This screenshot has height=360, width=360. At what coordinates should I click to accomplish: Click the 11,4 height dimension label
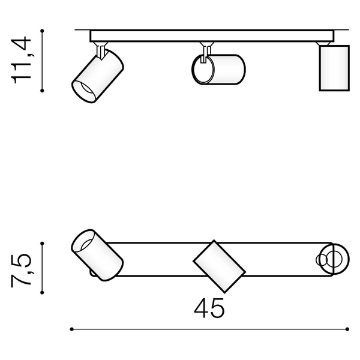click(x=22, y=60)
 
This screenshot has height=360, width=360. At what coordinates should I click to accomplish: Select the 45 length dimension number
click(x=209, y=308)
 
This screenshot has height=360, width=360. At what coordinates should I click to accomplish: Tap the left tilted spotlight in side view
click(x=98, y=76)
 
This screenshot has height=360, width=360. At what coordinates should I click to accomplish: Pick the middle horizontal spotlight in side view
click(x=219, y=70)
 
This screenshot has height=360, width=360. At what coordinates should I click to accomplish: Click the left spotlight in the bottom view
click(x=97, y=254)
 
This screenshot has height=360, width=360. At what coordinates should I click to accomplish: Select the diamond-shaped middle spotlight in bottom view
click(x=218, y=264)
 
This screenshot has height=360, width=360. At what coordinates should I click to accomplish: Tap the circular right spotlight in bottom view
click(x=332, y=259)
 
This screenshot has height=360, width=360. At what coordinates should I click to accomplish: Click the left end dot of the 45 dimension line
click(x=72, y=329)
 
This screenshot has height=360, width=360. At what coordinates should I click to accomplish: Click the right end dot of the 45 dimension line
click(x=349, y=329)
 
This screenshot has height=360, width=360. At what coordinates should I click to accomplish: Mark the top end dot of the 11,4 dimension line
click(x=42, y=29)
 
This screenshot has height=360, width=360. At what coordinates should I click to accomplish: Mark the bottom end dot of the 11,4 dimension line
click(x=42, y=91)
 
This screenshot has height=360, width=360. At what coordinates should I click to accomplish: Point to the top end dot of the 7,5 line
click(x=42, y=243)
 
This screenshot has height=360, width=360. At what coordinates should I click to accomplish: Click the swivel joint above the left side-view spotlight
click(x=104, y=47)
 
